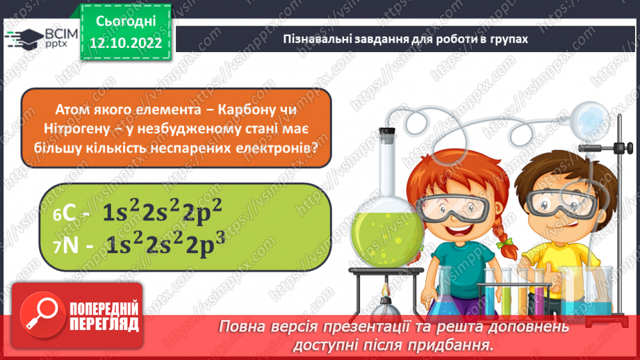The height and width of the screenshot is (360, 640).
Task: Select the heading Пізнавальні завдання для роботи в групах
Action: (406, 39)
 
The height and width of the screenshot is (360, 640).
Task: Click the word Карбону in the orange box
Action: (243, 109)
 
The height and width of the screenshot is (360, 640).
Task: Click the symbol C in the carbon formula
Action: (69, 214)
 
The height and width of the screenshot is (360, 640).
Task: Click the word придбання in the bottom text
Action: (457, 344)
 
